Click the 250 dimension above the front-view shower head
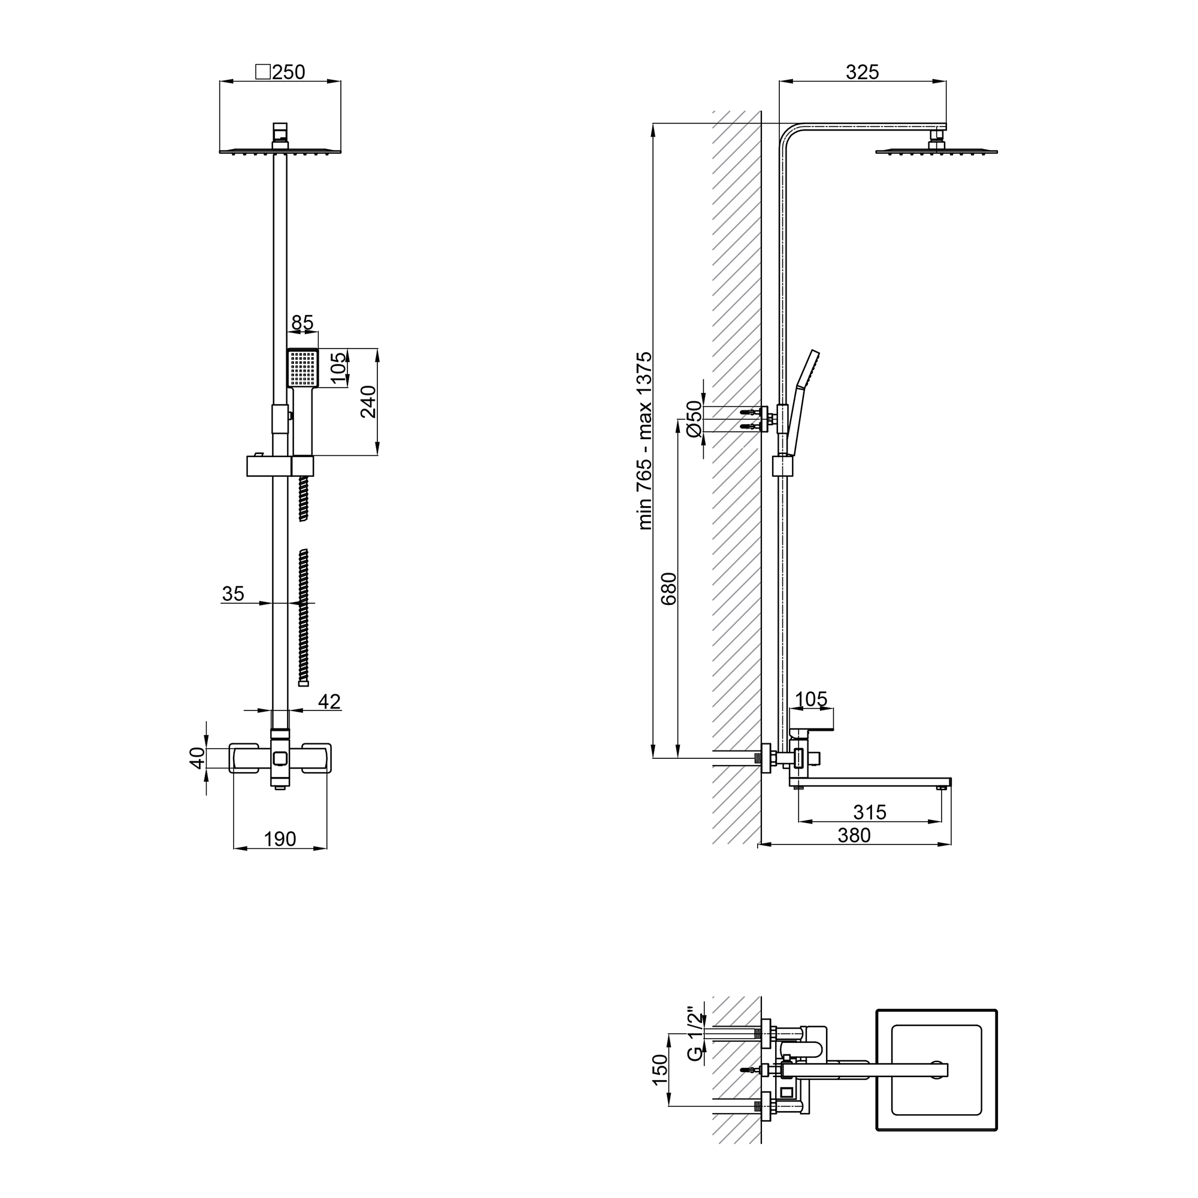click(x=288, y=72)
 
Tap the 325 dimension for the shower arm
click(x=863, y=72)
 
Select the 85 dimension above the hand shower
click(x=302, y=322)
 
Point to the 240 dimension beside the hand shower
click(x=368, y=402)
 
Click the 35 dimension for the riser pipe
click(x=233, y=594)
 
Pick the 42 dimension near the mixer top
click(x=329, y=701)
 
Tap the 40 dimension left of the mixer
click(x=197, y=758)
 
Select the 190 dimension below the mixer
click(x=280, y=839)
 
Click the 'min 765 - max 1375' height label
click(x=645, y=441)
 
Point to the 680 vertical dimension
click(x=668, y=588)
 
